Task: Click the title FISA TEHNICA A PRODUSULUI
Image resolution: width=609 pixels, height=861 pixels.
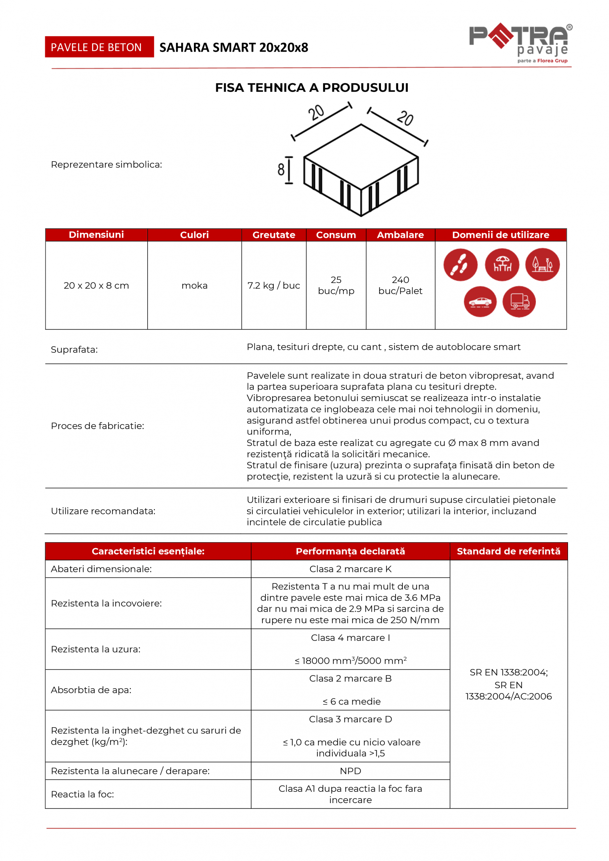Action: [x=312, y=87]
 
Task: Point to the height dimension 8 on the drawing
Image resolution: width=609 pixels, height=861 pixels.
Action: [x=281, y=169]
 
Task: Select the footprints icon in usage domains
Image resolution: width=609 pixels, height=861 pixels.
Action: [x=460, y=264]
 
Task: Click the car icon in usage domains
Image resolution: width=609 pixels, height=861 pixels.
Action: [x=480, y=302]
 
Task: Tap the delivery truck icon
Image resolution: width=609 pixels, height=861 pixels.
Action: [x=519, y=302]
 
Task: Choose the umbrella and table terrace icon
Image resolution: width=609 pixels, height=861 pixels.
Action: [x=502, y=264]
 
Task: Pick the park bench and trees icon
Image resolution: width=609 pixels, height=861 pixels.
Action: [x=542, y=264]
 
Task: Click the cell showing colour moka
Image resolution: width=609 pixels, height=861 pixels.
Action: [x=194, y=285]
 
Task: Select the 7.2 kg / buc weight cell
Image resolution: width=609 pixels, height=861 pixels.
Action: [x=274, y=285]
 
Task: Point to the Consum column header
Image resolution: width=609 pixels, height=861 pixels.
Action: [x=336, y=235]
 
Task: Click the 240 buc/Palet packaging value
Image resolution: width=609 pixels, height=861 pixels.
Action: [x=400, y=285]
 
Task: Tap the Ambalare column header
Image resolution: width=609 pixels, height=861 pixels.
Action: [x=400, y=235]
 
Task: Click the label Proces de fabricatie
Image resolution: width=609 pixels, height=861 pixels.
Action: [x=98, y=426]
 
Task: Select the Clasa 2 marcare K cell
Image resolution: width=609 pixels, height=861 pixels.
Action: [x=350, y=569]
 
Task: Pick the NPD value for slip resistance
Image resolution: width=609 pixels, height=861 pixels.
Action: [x=350, y=771]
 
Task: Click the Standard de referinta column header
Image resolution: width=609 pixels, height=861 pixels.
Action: [x=508, y=551]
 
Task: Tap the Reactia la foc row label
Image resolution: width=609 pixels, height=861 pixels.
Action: [x=82, y=794]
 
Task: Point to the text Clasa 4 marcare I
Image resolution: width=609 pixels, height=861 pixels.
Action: [x=350, y=638]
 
